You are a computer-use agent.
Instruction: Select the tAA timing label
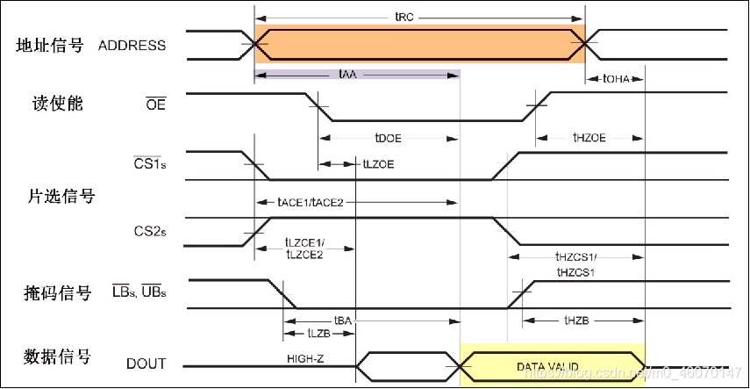(346, 76)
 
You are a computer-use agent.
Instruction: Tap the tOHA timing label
(616, 78)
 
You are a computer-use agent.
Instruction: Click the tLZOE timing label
(378, 163)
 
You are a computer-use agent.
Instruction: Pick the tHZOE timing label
(589, 138)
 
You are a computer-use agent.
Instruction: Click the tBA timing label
(342, 321)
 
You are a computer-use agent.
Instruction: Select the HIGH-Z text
(307, 358)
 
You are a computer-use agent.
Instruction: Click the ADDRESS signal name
(132, 45)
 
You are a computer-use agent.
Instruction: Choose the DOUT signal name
(146, 363)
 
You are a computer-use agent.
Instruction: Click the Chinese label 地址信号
(51, 45)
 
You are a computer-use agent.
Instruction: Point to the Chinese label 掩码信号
(55, 292)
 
